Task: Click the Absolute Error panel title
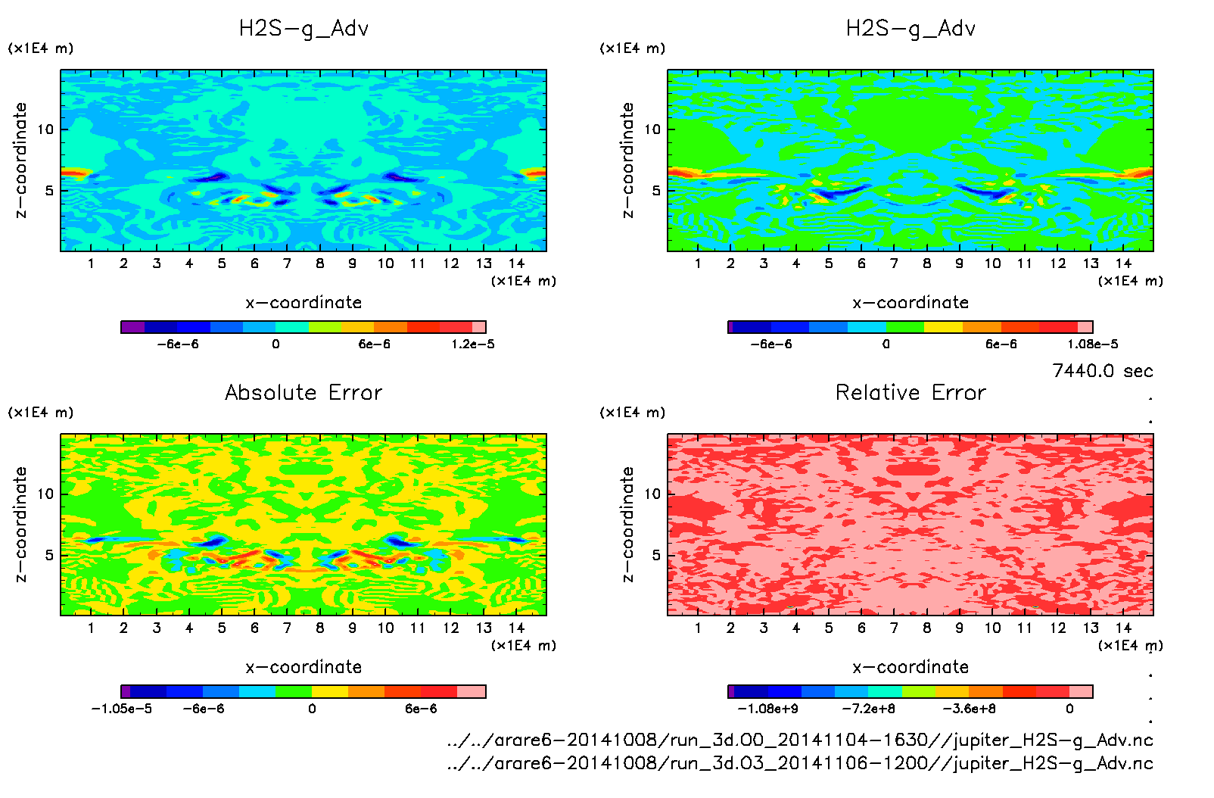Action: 303,392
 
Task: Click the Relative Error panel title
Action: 910,392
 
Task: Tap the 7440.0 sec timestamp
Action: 1102,371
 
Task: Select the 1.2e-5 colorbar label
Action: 473,344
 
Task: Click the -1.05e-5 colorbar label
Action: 121,709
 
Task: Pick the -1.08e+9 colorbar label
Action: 767,709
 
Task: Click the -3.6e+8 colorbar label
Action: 969,709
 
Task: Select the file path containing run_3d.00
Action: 800,740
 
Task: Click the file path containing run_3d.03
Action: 800,763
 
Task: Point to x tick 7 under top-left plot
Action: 287,263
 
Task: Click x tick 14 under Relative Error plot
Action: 1123,628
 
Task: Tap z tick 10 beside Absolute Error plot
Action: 46,494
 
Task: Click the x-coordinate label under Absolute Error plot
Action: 303,667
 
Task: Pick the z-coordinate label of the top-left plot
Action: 20,161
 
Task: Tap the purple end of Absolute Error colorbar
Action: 126,691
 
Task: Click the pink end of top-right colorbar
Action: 1085,327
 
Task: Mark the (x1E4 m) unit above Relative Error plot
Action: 633,413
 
